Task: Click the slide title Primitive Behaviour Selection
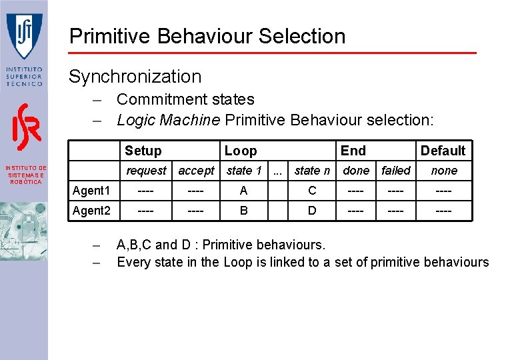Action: click(x=207, y=36)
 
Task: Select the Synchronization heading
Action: click(x=135, y=77)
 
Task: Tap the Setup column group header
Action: click(x=143, y=151)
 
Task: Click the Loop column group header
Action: click(x=240, y=151)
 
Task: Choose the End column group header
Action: click(x=353, y=151)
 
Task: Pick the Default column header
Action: click(x=443, y=151)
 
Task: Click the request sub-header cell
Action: click(x=146, y=171)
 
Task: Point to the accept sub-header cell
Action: click(x=196, y=171)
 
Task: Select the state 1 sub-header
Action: click(x=243, y=171)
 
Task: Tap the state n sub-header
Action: click(x=312, y=171)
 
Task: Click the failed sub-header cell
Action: click(x=396, y=171)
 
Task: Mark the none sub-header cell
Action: click(x=444, y=171)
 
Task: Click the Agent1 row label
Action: click(x=91, y=191)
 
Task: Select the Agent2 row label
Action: click(x=91, y=211)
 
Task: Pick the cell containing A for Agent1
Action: click(x=243, y=191)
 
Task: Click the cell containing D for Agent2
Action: click(x=312, y=211)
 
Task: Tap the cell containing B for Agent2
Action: click(x=243, y=211)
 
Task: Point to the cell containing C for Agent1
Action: click(x=312, y=191)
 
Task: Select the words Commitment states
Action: click(x=185, y=99)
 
